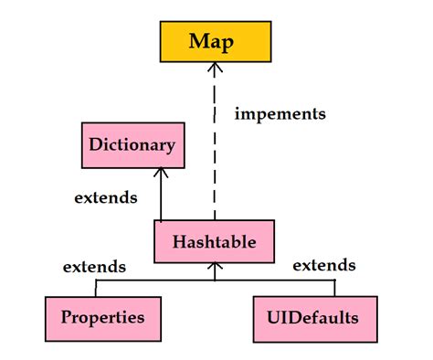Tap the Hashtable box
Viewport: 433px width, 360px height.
(213, 241)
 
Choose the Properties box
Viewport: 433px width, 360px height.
(102, 317)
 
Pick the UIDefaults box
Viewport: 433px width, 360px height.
(314, 317)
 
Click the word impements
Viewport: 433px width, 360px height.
(280, 114)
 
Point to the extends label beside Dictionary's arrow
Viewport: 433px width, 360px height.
(106, 196)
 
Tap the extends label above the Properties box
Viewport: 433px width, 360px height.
(94, 268)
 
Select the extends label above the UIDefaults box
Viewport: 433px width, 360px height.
(324, 265)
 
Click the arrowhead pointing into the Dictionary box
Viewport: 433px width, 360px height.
(161, 175)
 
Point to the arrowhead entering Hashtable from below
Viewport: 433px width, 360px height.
(213, 268)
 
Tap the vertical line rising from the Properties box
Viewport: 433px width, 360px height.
(95, 288)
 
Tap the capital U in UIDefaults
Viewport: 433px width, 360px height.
(273, 317)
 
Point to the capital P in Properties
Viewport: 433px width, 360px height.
(67, 317)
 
